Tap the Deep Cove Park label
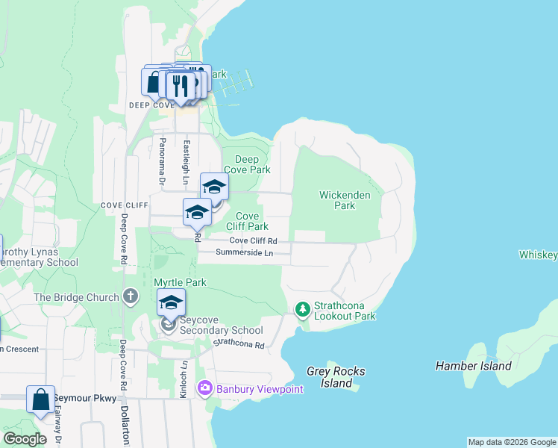pos(247,164)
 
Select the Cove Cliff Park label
pos(247,221)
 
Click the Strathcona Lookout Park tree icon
pos(302,308)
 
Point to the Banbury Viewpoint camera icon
pos(204,388)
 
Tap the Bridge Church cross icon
pos(131,297)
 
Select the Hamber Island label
pos(474,366)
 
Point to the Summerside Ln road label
pos(244,253)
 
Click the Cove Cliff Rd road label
pos(253,240)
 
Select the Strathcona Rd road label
pos(239,344)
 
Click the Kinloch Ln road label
pos(184,379)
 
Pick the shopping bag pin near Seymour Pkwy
pos(40,399)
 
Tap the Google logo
pos(25,439)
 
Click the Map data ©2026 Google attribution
pos(511,442)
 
